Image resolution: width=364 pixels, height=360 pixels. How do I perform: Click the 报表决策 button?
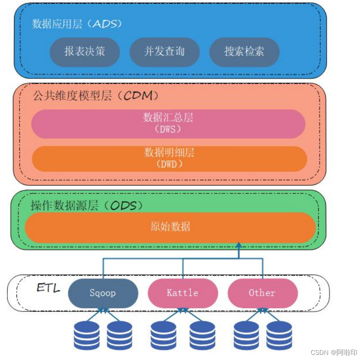tap(84, 52)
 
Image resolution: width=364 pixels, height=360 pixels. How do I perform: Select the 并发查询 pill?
tap(164, 52)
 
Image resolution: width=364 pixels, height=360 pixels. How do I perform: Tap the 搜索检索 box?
tap(244, 52)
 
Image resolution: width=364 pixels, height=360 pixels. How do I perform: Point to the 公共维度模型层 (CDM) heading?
tap(96, 96)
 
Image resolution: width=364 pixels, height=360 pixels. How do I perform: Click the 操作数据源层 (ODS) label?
tap(86, 205)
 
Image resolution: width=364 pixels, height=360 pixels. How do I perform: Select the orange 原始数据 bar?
tap(170, 227)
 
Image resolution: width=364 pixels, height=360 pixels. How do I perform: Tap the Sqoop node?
tap(103, 293)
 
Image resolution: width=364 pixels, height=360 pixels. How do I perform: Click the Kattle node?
tap(182, 293)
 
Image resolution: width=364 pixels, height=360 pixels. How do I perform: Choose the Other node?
tap(262, 293)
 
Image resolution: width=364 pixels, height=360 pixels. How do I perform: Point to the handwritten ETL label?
tap(48, 288)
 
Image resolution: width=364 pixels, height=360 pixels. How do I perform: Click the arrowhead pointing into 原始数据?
tap(239, 246)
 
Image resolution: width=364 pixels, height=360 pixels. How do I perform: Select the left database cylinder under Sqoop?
tap(87, 335)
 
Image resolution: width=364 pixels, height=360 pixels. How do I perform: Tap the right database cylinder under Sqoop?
tap(119, 335)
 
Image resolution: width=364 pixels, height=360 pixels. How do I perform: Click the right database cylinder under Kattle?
tap(202, 335)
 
